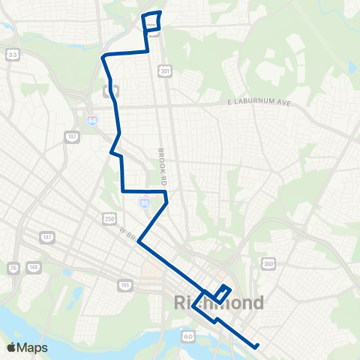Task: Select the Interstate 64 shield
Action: coord(91,119)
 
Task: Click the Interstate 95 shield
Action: coord(145,202)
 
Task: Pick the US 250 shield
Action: coord(110,218)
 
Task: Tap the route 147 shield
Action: coord(47,238)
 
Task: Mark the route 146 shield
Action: coord(34,268)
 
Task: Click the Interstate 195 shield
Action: coord(124,285)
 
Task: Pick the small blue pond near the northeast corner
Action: coord(352,67)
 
